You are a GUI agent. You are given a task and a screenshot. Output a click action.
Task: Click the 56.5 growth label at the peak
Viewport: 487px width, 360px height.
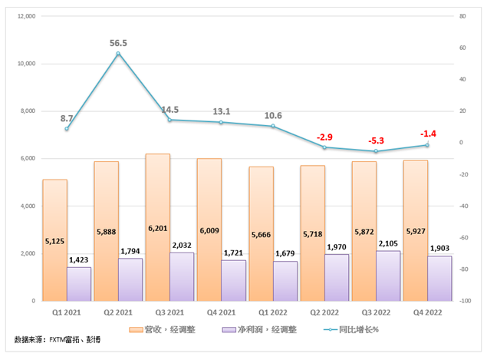[117, 44]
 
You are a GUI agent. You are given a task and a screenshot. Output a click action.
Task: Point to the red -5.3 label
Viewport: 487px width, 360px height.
[376, 140]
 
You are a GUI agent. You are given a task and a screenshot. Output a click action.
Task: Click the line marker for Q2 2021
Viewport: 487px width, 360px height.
[118, 54]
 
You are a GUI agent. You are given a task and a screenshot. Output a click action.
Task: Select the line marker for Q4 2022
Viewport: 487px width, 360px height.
[427, 145]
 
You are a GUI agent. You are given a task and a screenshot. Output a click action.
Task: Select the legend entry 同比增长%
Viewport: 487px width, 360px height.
[352, 329]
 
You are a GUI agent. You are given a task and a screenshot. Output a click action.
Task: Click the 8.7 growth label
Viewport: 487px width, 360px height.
[67, 117]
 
